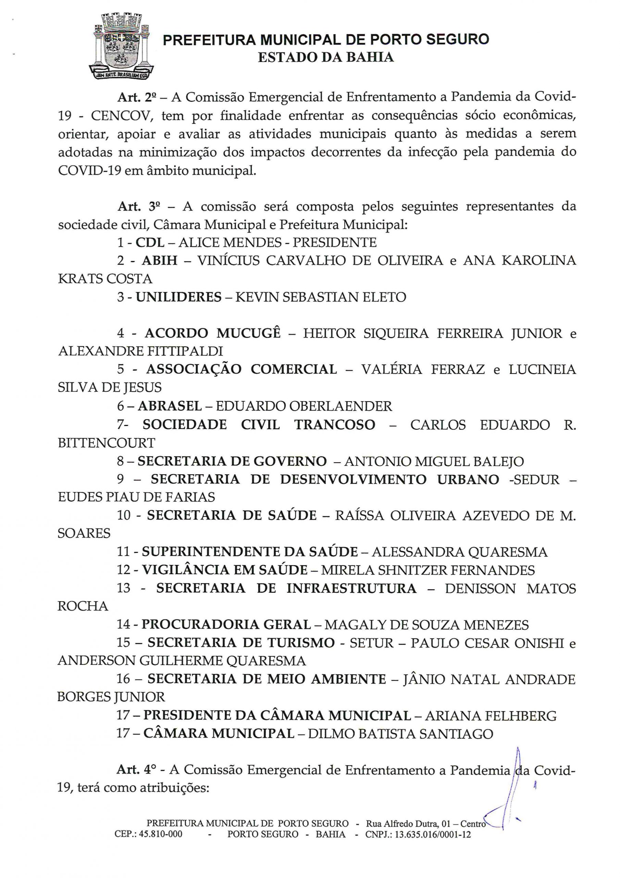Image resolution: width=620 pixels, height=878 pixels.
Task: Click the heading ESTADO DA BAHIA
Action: (x=325, y=57)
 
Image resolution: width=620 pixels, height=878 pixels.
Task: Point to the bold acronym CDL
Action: (x=150, y=242)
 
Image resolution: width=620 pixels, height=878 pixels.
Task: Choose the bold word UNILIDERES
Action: (x=179, y=297)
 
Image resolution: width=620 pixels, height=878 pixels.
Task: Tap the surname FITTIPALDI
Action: (x=179, y=351)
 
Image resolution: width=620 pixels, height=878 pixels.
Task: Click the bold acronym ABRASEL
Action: (x=170, y=406)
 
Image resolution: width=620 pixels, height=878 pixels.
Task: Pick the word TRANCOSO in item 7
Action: (x=335, y=425)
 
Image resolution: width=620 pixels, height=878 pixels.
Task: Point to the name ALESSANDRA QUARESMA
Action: (x=460, y=552)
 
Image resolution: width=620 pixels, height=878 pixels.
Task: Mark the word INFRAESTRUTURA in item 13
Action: (x=351, y=588)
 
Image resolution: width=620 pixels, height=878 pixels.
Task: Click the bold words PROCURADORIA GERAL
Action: (x=226, y=625)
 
